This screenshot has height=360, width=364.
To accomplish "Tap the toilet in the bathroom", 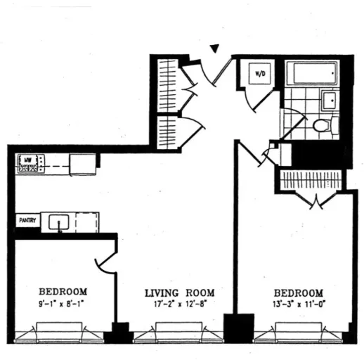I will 324,126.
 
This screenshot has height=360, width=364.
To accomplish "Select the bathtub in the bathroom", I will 314,74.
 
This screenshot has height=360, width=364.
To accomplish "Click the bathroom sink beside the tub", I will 329,99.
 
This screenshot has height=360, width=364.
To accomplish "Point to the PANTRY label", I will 27,221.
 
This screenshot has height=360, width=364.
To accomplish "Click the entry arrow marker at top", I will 215,49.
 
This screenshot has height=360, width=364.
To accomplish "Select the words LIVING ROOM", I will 179,292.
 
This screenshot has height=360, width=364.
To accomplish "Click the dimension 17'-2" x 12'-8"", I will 179,305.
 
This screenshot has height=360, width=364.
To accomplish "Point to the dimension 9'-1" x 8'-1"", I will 63,305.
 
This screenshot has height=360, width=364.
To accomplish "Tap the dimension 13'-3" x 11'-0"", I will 299,305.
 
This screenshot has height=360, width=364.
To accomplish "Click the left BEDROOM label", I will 63,292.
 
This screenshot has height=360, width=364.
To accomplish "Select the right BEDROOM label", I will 299,292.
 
